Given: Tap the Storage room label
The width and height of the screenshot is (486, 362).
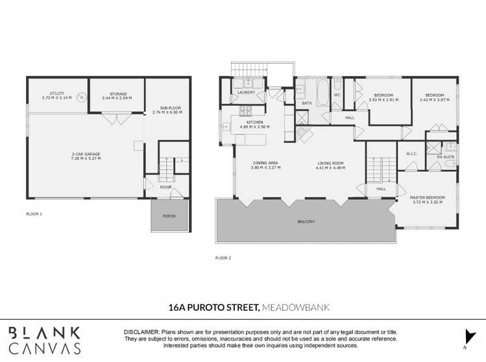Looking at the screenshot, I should [117, 94].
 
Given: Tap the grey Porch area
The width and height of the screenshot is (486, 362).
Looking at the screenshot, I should [169, 215].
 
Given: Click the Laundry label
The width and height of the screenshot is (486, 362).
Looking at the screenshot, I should [247, 93].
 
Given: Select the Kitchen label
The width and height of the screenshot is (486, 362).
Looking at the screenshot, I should [254, 123].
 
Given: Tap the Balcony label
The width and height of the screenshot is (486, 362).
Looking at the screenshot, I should [306, 222].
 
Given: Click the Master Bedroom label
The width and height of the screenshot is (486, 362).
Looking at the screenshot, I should [427, 197].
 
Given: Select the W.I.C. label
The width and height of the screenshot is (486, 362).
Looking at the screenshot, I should [411, 154].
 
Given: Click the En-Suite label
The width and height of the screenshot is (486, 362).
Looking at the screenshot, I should [445, 157].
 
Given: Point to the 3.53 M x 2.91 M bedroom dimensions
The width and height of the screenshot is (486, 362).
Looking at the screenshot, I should [384, 100].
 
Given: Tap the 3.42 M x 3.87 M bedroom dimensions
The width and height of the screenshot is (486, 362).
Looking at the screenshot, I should [434, 100].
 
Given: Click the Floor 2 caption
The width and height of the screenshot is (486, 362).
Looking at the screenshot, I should [223, 258].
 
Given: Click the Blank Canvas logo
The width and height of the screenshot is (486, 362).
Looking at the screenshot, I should [44, 341].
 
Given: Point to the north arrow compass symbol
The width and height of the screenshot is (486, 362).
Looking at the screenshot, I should [465, 339].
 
